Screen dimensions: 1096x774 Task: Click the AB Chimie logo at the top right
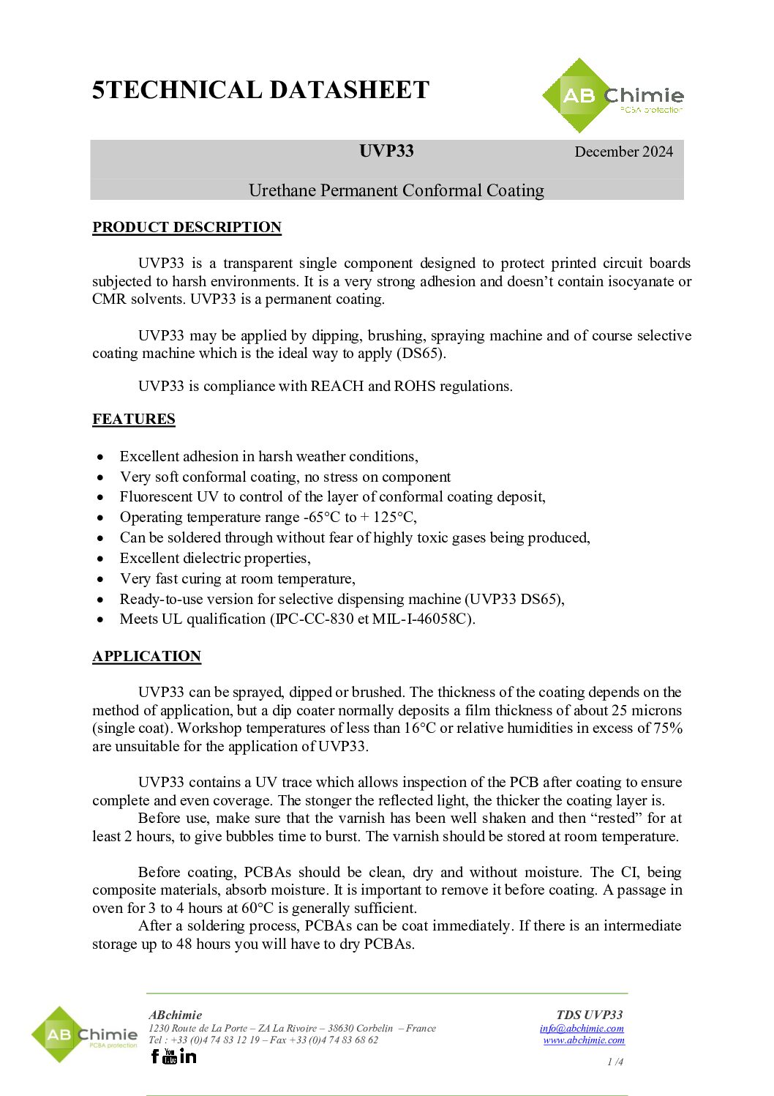pyautogui.click(x=613, y=96)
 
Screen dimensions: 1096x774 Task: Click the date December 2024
pyautogui.click(x=623, y=152)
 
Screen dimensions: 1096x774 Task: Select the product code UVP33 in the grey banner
pyautogui.click(x=386, y=151)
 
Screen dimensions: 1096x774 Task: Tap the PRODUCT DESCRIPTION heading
pyautogui.click(x=187, y=227)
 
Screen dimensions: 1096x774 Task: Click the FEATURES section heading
pyautogui.click(x=134, y=419)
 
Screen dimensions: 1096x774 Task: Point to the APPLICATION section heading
pyautogui.click(x=146, y=656)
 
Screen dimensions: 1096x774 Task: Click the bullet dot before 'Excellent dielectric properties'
pyautogui.click(x=100, y=559)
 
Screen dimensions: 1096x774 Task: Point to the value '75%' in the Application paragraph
pyautogui.click(x=667, y=728)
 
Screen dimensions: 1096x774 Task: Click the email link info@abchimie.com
pyautogui.click(x=582, y=1028)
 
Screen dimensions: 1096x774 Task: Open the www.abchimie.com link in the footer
pyautogui.click(x=584, y=1040)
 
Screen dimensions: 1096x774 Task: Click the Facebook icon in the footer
pyautogui.click(x=154, y=1056)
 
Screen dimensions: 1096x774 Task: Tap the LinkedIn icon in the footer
pyautogui.click(x=188, y=1056)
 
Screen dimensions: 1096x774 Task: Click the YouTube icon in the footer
pyautogui.click(x=170, y=1056)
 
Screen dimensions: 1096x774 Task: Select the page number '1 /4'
pyautogui.click(x=615, y=1062)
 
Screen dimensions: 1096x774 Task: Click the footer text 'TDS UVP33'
pyautogui.click(x=589, y=1015)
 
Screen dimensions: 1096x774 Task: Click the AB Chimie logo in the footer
pyautogui.click(x=84, y=1035)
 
